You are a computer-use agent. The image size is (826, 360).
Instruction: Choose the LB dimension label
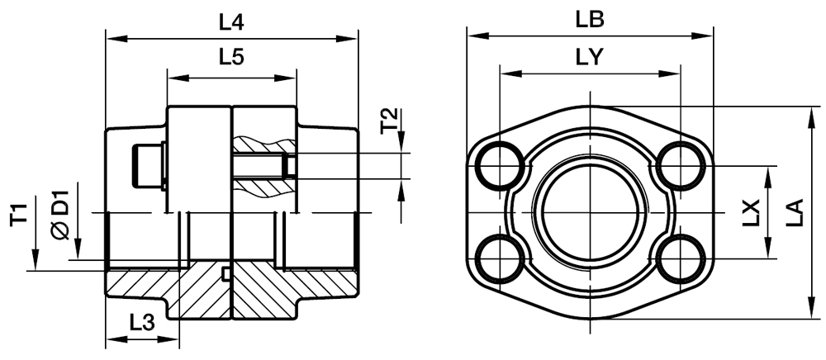point(591,17)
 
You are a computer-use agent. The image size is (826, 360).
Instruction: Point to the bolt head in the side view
point(145,166)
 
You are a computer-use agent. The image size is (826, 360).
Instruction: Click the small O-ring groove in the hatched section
point(225,273)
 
